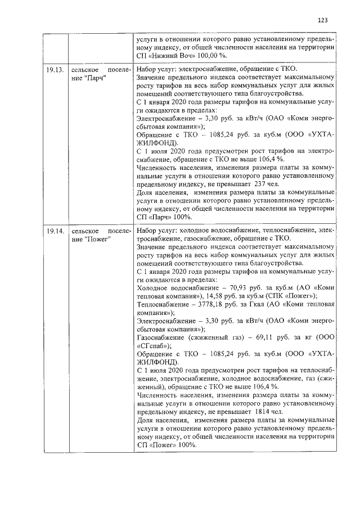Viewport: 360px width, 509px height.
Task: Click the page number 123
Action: point(322,20)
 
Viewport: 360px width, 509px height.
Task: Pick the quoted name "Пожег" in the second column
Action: point(97,240)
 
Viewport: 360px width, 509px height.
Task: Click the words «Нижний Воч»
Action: point(168,56)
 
